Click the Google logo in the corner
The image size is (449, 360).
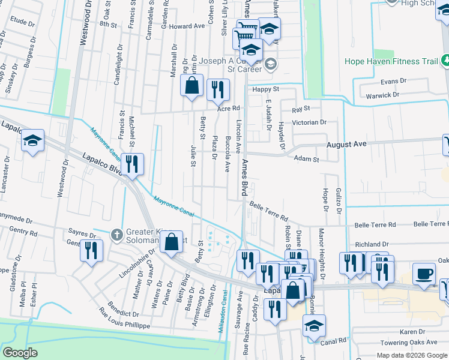(20, 353)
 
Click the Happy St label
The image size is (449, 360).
(262, 89)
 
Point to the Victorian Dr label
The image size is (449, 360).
(309, 122)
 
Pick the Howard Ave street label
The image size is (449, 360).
(187, 26)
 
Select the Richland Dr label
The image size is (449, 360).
(372, 245)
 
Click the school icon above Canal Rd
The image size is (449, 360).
(314, 326)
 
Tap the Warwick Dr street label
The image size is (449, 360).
(379, 95)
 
